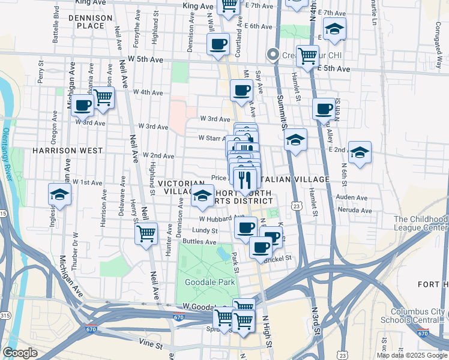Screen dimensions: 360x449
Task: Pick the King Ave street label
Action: (x=198, y=5)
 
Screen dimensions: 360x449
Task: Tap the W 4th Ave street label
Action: (x=148, y=92)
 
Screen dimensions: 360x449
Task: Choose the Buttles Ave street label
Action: (x=199, y=242)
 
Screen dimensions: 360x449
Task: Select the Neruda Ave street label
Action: (x=355, y=211)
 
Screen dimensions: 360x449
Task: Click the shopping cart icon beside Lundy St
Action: (x=146, y=233)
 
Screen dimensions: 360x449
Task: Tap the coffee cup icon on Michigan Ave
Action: (x=83, y=105)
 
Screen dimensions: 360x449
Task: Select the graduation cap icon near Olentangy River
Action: (x=59, y=194)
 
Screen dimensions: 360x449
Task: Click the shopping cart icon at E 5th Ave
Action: (x=307, y=56)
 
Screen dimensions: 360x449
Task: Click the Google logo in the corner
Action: (x=20, y=353)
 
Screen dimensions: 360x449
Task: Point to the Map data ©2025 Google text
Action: (x=411, y=355)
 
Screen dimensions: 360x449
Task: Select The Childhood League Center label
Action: (x=420, y=224)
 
